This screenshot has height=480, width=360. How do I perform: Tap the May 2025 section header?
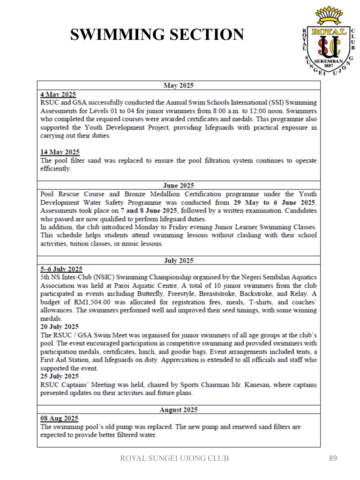tap(179, 85)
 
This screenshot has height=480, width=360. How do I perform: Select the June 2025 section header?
tap(179, 186)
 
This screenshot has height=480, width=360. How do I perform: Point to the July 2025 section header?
tap(179, 260)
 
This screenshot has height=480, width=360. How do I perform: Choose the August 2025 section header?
tap(179, 410)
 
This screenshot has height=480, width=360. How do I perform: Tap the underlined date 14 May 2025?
tap(60, 152)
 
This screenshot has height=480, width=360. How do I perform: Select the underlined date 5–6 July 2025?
tap(61, 269)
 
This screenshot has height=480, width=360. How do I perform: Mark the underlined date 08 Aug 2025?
tap(60, 418)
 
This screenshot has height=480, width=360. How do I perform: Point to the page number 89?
tap(332, 458)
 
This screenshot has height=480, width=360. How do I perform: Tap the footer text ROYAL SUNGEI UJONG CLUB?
tap(175, 458)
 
